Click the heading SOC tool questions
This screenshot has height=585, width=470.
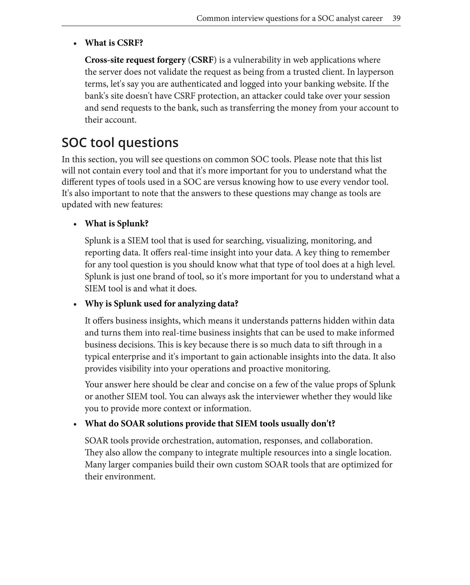coord(120,142)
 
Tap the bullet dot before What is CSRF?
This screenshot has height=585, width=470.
coord(75,44)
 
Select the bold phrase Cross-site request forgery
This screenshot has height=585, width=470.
coord(135,60)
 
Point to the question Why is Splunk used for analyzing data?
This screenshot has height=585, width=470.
coord(162,303)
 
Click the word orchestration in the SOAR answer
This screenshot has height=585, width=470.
coord(187,440)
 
